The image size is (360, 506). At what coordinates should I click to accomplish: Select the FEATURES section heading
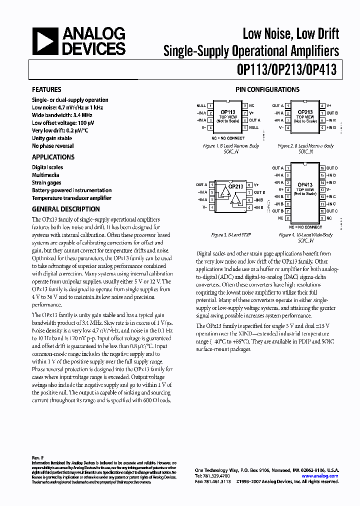point(46,89)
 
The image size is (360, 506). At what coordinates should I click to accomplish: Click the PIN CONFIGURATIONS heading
point(267,89)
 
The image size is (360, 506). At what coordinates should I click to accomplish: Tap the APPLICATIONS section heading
point(53,157)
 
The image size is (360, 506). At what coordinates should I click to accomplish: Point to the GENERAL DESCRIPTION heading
point(65,209)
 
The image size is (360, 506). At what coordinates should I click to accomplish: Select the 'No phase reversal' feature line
point(52,146)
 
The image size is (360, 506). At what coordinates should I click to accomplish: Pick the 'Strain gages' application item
point(46,182)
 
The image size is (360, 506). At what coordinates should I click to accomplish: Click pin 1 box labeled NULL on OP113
point(210,106)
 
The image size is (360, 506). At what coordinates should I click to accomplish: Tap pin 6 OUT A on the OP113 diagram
point(245,120)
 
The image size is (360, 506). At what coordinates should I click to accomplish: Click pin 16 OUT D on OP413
point(322,168)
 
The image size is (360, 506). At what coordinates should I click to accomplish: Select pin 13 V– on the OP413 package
point(322,189)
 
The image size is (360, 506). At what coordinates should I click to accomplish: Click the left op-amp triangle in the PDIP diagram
point(222,192)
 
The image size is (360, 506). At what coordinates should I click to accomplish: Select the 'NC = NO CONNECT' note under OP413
point(305,226)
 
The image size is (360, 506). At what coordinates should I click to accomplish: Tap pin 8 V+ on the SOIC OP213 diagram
point(322,106)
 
